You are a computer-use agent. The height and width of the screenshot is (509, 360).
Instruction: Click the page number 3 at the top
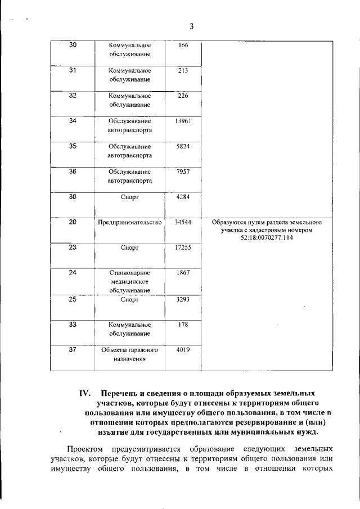pos(191,26)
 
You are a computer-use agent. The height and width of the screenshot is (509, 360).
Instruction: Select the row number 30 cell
pos(73,45)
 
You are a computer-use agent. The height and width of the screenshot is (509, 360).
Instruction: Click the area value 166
pos(182,46)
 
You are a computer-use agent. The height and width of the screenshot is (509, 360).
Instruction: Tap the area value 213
pos(182,70)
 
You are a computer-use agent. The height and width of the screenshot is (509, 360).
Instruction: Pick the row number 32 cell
pos(73,95)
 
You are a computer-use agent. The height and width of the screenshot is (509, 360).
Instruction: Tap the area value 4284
pos(182,197)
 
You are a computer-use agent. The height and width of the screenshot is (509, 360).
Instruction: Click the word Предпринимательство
pos(129,223)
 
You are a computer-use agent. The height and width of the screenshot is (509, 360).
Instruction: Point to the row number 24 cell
pos(73,272)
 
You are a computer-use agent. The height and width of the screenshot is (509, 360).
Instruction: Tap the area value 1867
pos(182,273)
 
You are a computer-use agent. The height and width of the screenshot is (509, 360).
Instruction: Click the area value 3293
pos(182,299)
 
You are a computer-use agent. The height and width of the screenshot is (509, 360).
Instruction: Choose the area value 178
pos(182,325)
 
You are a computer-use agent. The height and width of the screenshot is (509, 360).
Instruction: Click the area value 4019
pos(182,350)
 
